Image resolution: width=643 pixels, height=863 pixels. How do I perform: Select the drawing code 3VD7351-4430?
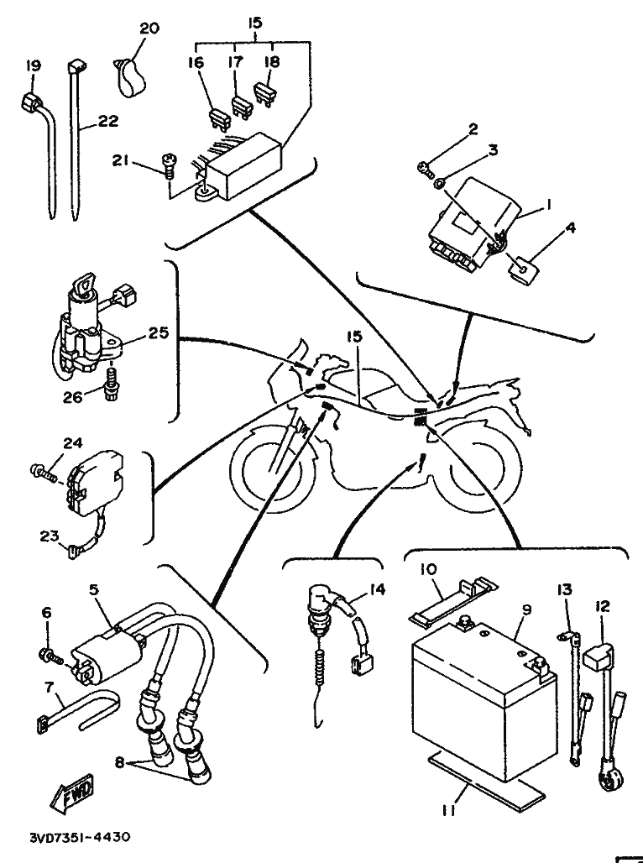click(x=80, y=837)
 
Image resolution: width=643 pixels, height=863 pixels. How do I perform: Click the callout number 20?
click(x=149, y=28)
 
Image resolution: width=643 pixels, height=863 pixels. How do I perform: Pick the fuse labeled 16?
click(x=218, y=119)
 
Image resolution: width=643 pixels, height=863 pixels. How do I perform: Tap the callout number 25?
click(x=159, y=333)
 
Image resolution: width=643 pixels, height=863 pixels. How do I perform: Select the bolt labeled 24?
click(x=42, y=472)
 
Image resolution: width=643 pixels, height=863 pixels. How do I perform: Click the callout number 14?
click(x=377, y=589)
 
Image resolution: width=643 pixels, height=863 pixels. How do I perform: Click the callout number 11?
click(x=448, y=811)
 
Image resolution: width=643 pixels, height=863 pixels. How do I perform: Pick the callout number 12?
click(x=602, y=606)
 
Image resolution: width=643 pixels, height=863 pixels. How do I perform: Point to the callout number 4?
click(x=571, y=228)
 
